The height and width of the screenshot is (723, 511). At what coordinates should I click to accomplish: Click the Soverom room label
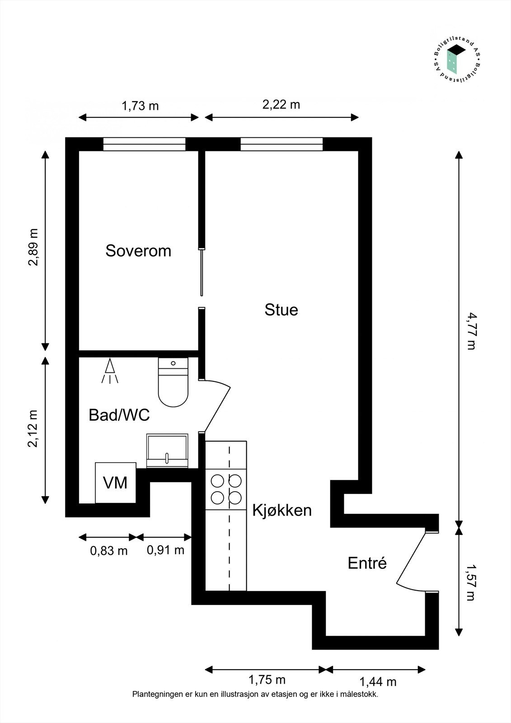pyautogui.click(x=138, y=251)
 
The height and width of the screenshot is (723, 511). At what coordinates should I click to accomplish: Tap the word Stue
pyautogui.click(x=281, y=310)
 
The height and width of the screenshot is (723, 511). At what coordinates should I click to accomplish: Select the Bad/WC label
pyautogui.click(x=119, y=415)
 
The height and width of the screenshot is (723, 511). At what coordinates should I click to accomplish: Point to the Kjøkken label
pyautogui.click(x=282, y=510)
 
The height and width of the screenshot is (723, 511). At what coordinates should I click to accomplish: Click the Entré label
pyautogui.click(x=367, y=563)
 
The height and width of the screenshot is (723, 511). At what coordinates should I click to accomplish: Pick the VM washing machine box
pyautogui.click(x=115, y=483)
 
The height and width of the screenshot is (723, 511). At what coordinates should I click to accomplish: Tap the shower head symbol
pyautogui.click(x=110, y=371)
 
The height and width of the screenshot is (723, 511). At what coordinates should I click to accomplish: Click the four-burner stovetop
pyautogui.click(x=226, y=489)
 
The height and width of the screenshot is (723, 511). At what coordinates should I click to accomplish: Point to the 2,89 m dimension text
pyautogui.click(x=33, y=248)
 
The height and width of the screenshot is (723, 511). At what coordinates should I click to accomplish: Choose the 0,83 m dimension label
pyautogui.click(x=109, y=551)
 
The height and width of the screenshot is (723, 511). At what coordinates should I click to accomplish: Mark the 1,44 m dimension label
pyautogui.click(x=378, y=681)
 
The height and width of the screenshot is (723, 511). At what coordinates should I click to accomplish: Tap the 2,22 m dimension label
pyautogui.click(x=281, y=105)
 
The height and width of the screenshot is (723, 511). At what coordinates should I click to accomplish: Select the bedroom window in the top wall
pyautogui.click(x=144, y=144)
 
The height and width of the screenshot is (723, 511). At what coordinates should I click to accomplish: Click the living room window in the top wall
pyautogui.click(x=281, y=144)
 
